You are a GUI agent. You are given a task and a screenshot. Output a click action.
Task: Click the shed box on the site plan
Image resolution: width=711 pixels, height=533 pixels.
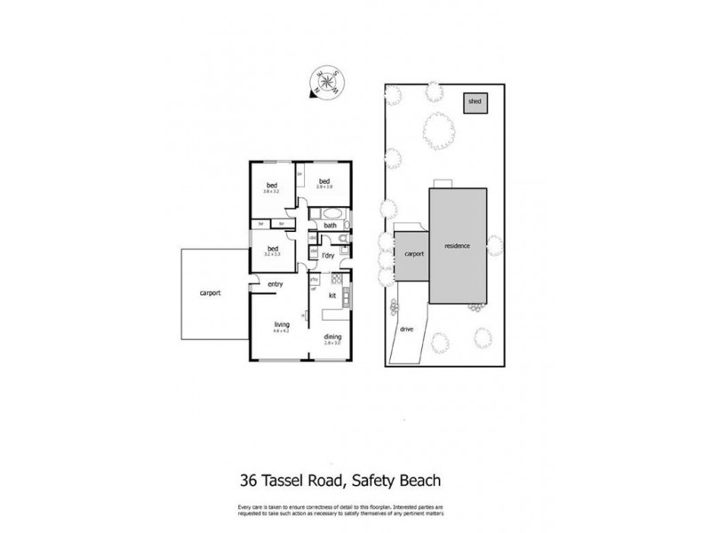(475, 103)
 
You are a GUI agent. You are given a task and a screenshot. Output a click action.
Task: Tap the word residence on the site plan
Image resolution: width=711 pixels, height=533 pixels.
(459, 245)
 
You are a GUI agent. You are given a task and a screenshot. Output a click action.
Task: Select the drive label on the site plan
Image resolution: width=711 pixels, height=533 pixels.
(408, 328)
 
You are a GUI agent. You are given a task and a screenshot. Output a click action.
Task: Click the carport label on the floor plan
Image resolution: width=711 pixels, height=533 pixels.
(210, 292)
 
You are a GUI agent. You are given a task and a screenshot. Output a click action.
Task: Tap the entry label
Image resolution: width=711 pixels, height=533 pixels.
(276, 284)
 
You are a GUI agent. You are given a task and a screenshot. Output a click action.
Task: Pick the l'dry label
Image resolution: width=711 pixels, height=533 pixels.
(327, 256)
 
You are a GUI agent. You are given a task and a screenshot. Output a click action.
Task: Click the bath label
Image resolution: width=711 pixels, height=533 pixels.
(330, 226)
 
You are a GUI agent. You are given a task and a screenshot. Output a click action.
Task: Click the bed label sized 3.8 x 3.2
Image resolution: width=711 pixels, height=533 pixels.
(271, 187)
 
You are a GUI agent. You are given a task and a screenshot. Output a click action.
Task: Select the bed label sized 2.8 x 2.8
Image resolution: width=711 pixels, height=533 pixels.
(324, 182)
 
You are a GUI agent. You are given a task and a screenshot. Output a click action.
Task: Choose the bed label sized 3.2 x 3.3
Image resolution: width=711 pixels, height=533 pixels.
(273, 249)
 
